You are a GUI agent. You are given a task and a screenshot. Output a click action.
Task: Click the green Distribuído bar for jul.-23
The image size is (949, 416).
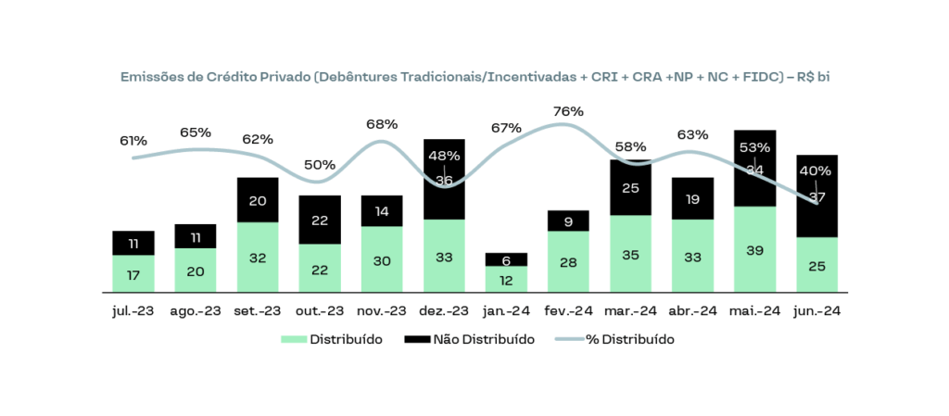133,273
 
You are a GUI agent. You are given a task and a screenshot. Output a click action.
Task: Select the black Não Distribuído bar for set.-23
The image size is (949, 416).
258,200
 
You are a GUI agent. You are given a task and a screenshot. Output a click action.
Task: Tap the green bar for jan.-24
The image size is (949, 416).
506,279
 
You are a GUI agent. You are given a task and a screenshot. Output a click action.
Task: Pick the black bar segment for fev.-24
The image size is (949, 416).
568,221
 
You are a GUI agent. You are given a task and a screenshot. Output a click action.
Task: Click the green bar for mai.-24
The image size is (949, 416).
754,249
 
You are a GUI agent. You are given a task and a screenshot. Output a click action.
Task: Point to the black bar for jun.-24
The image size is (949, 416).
816,195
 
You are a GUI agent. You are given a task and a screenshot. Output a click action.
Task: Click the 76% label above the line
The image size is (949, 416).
568,111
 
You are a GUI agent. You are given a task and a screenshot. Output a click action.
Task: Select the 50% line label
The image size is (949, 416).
320,164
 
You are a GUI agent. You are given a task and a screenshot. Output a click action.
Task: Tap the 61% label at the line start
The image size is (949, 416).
133,141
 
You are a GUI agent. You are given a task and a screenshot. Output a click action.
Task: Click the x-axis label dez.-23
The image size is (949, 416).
444,311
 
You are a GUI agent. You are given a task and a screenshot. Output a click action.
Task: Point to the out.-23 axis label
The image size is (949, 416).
320,311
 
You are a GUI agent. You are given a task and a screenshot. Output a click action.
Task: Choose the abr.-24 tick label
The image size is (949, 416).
692,311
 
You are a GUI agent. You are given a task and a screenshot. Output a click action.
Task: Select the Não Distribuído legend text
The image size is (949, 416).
483,340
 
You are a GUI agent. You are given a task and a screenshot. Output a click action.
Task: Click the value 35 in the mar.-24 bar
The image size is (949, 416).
630,254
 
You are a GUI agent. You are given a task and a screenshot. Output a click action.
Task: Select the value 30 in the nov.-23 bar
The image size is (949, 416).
382,259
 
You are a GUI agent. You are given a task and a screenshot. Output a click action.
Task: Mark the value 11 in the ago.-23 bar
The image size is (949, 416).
196,237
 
